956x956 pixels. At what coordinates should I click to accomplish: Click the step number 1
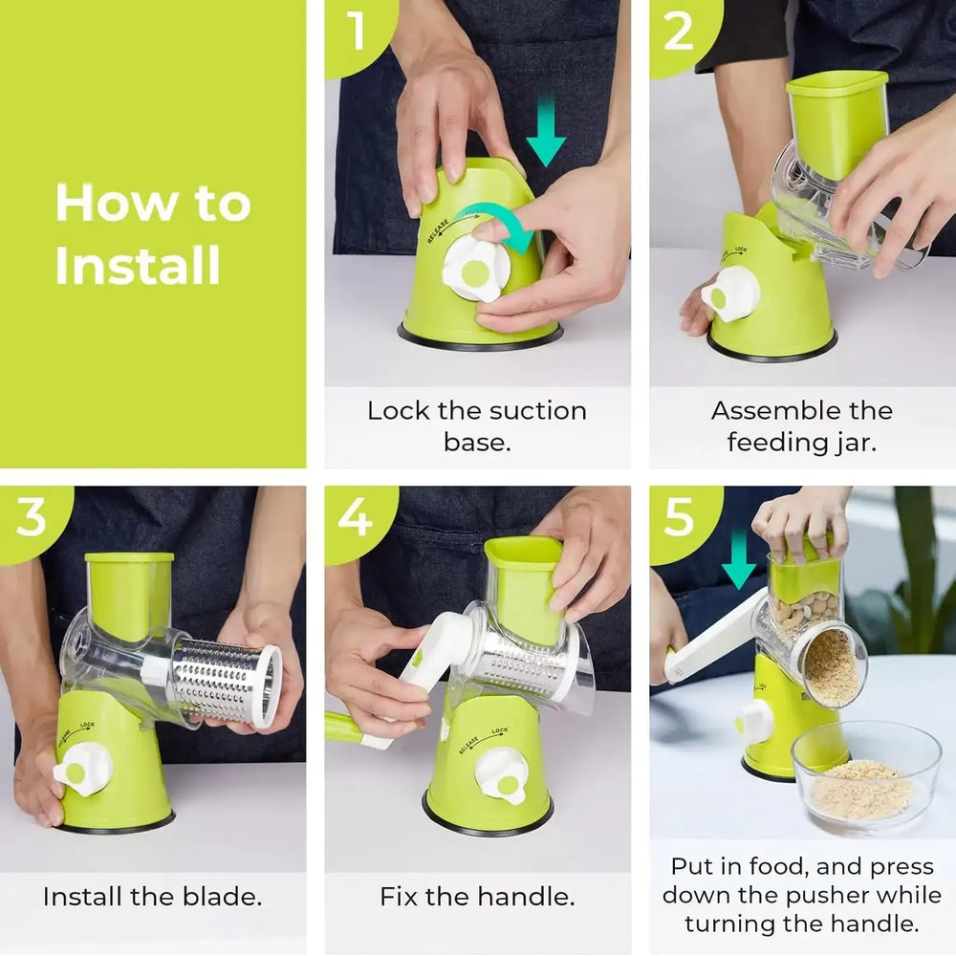357,31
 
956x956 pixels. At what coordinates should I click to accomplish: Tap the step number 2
679,31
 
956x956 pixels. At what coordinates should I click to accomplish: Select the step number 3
32,517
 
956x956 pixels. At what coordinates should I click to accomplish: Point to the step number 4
356,517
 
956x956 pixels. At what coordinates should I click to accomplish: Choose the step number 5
679,517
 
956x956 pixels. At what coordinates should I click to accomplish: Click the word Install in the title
137,265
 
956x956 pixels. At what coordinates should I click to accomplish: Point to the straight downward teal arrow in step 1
546,130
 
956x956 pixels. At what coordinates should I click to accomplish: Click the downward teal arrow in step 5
739,559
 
